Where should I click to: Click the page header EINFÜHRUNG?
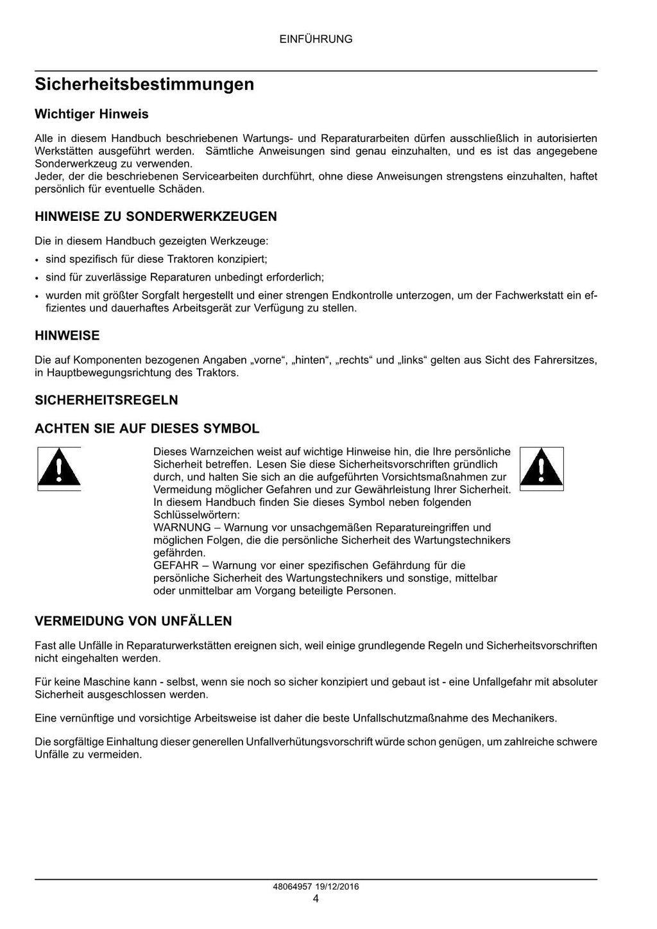(316, 39)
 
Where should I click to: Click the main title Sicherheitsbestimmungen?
(144, 84)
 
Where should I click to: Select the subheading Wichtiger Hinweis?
(91, 114)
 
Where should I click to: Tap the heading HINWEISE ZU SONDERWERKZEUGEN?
(156, 216)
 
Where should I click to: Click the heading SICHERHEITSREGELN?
(107, 400)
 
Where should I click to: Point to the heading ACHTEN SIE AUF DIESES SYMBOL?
(147, 428)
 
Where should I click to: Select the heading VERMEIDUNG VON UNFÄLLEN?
(133, 621)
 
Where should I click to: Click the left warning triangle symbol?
(58, 469)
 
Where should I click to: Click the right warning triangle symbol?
(541, 469)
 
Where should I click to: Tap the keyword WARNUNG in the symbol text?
(182, 528)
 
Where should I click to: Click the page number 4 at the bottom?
(316, 899)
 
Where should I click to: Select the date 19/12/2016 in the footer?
(337, 887)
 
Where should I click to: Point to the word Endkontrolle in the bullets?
(363, 295)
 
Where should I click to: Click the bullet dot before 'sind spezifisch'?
(37, 260)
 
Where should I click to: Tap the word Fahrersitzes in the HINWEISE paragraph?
(565, 360)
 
